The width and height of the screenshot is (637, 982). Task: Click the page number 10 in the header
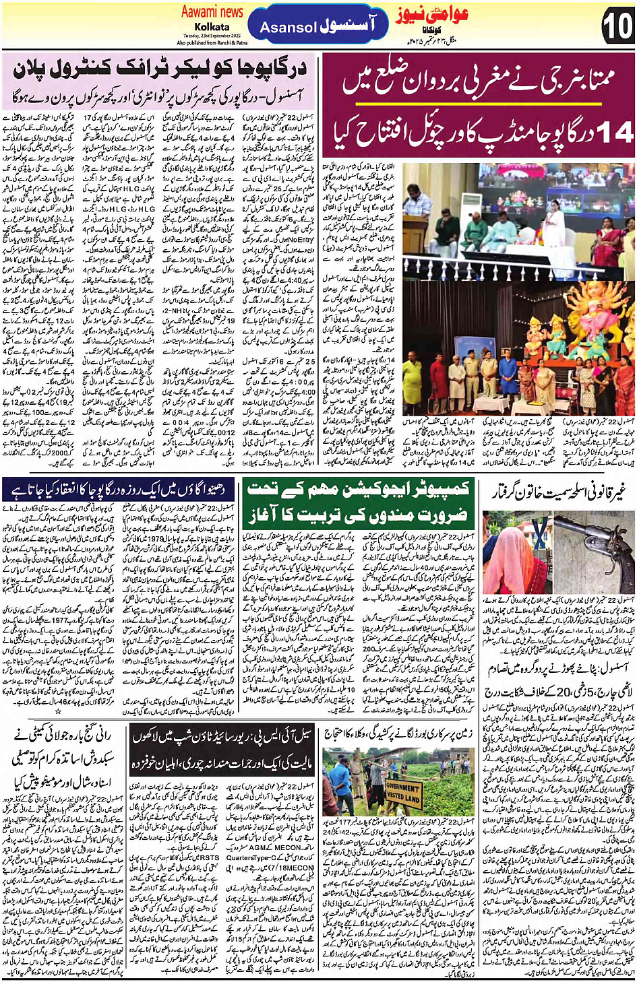tap(615, 26)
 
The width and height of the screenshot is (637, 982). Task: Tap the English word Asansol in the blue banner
tap(289, 28)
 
